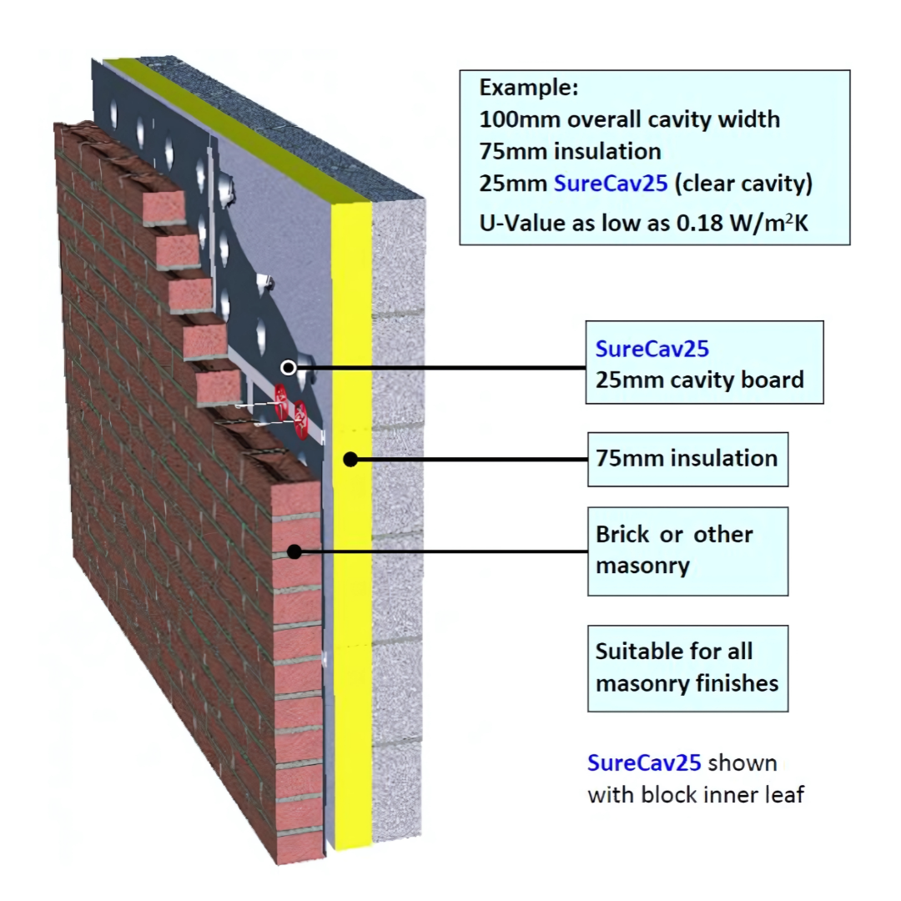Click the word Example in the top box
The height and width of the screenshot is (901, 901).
[528, 88]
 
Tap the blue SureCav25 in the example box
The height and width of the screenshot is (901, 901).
[611, 184]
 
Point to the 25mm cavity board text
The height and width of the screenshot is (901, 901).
[699, 380]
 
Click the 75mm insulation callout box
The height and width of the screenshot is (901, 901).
[687, 458]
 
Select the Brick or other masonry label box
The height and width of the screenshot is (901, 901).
[687, 551]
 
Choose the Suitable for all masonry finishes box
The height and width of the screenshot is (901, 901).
[687, 667]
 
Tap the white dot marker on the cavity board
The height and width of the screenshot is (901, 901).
[289, 367]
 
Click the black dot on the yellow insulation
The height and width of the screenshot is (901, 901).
[351, 458]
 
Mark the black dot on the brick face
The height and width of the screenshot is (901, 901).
[294, 551]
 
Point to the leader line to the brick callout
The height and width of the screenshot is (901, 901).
[442, 551]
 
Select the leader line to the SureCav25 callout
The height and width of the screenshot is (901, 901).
[442, 367]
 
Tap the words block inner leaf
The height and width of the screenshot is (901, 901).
[722, 793]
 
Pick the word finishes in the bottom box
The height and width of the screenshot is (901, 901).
[733, 683]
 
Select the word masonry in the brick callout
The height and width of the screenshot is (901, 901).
[642, 566]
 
